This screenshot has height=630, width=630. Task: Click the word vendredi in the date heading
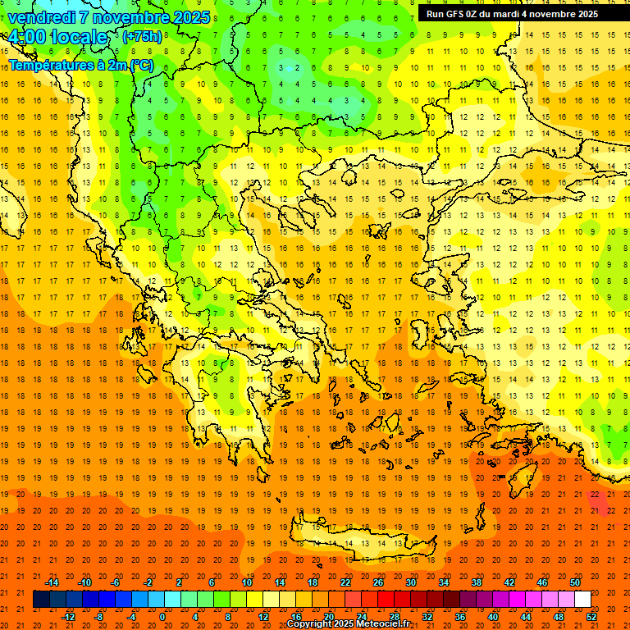(x=41, y=17)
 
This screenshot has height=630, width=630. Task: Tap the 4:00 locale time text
(x=57, y=37)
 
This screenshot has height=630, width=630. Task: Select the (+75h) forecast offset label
(x=142, y=37)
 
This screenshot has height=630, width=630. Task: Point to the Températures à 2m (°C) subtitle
(x=80, y=65)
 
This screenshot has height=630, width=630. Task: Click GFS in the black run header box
(x=456, y=14)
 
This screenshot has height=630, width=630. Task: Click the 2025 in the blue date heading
(x=190, y=17)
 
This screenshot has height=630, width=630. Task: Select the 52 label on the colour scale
(x=592, y=617)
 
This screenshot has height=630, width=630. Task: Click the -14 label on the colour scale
(x=52, y=582)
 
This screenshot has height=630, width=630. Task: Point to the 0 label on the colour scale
(x=162, y=617)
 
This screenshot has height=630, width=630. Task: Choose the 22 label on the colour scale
(x=345, y=582)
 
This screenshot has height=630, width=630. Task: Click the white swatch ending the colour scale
(x=582, y=600)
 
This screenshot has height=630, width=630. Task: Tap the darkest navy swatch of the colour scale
(x=41, y=600)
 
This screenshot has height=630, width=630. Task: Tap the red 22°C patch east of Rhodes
(x=596, y=498)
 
